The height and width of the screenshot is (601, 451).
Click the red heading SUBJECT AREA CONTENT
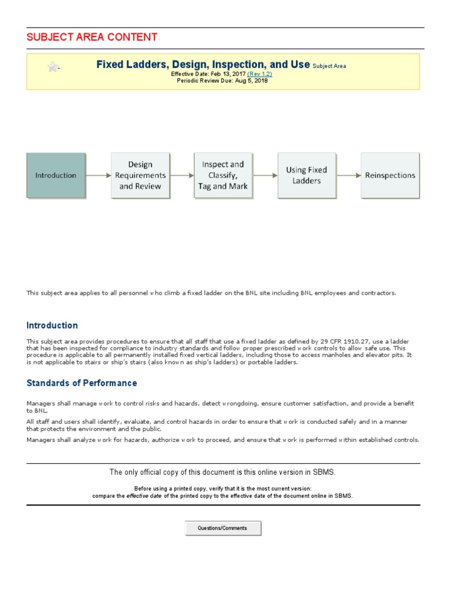pyautogui.click(x=92, y=38)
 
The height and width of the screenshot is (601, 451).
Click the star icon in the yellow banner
pyautogui.click(x=53, y=67)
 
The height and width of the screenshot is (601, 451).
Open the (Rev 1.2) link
pyautogui.click(x=260, y=74)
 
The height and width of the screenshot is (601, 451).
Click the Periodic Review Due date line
pyautogui.click(x=223, y=81)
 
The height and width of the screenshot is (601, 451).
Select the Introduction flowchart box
pyautogui.click(x=56, y=175)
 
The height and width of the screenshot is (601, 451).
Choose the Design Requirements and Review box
pyautogui.click(x=140, y=175)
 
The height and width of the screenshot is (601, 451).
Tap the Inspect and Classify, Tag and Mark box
pyautogui.click(x=223, y=175)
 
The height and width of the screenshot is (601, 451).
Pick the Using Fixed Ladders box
pyautogui.click(x=307, y=175)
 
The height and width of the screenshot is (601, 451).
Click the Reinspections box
pyautogui.click(x=390, y=175)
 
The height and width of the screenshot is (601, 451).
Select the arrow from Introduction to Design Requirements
pyautogui.click(x=98, y=175)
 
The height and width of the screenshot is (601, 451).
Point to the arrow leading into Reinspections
pyautogui.click(x=348, y=175)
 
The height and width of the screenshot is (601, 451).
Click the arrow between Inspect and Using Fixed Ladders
pyautogui.click(x=265, y=175)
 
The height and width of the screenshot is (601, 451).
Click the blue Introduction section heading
pyautogui.click(x=52, y=326)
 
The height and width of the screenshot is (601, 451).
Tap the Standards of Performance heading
pyautogui.click(x=82, y=383)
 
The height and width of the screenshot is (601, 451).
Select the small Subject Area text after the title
pyautogui.click(x=329, y=66)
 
